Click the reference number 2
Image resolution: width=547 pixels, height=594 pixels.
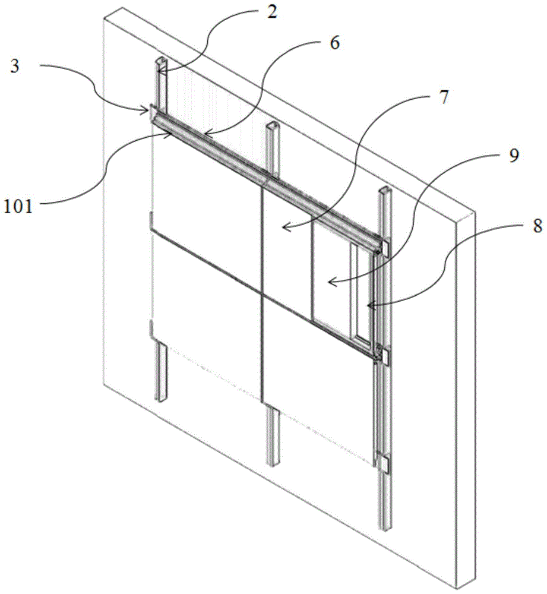[x=271, y=12]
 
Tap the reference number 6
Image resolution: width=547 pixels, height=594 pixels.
[x=335, y=45]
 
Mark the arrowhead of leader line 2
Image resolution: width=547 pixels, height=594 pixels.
[x=159, y=71]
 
